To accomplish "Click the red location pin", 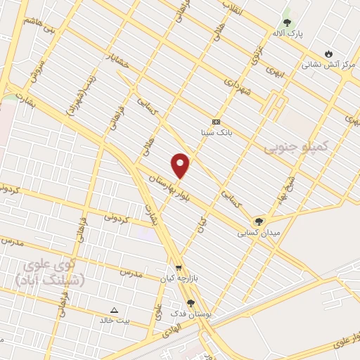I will tap(181, 165).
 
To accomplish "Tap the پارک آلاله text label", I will tap(288, 33).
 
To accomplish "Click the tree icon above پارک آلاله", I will tap(286, 20).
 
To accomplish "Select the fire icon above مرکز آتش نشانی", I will tap(328, 53).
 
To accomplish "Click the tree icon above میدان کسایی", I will tap(259, 221).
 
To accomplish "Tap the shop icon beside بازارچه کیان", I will tap(179, 268).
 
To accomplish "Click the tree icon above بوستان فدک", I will tap(190, 302).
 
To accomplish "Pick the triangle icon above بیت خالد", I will tap(115, 309).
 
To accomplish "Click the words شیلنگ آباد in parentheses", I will tap(49, 280).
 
